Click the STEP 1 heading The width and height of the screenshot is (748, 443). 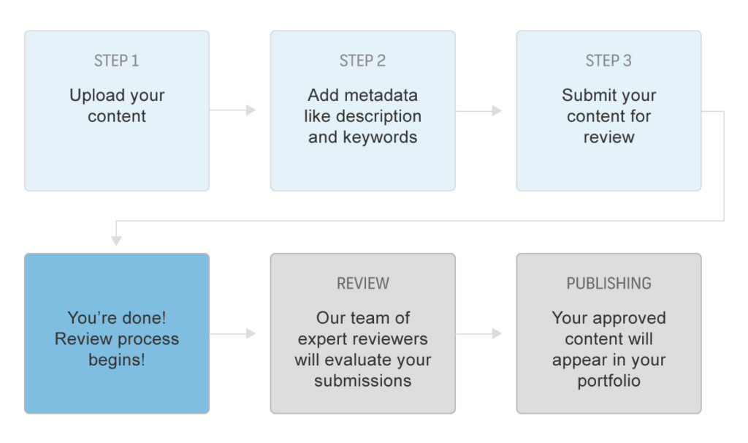pos(116,61)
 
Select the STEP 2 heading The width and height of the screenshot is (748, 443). pos(362,61)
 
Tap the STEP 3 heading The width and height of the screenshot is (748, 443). pos(608,61)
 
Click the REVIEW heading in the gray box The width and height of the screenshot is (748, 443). pos(362,283)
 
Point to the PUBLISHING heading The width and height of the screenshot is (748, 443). pos(608,283)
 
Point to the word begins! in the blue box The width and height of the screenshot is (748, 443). pos(116,360)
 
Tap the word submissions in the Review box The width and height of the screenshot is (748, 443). pos(362,380)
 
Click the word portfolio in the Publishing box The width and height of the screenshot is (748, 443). pos(608,381)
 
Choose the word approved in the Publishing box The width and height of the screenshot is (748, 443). pos(627,319)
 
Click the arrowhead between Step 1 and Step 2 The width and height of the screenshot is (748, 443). pos(251,110)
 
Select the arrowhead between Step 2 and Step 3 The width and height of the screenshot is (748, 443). pos(497,111)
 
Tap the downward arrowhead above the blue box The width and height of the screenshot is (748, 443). pos(116,241)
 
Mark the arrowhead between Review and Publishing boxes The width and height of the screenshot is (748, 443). pos(497,333)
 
